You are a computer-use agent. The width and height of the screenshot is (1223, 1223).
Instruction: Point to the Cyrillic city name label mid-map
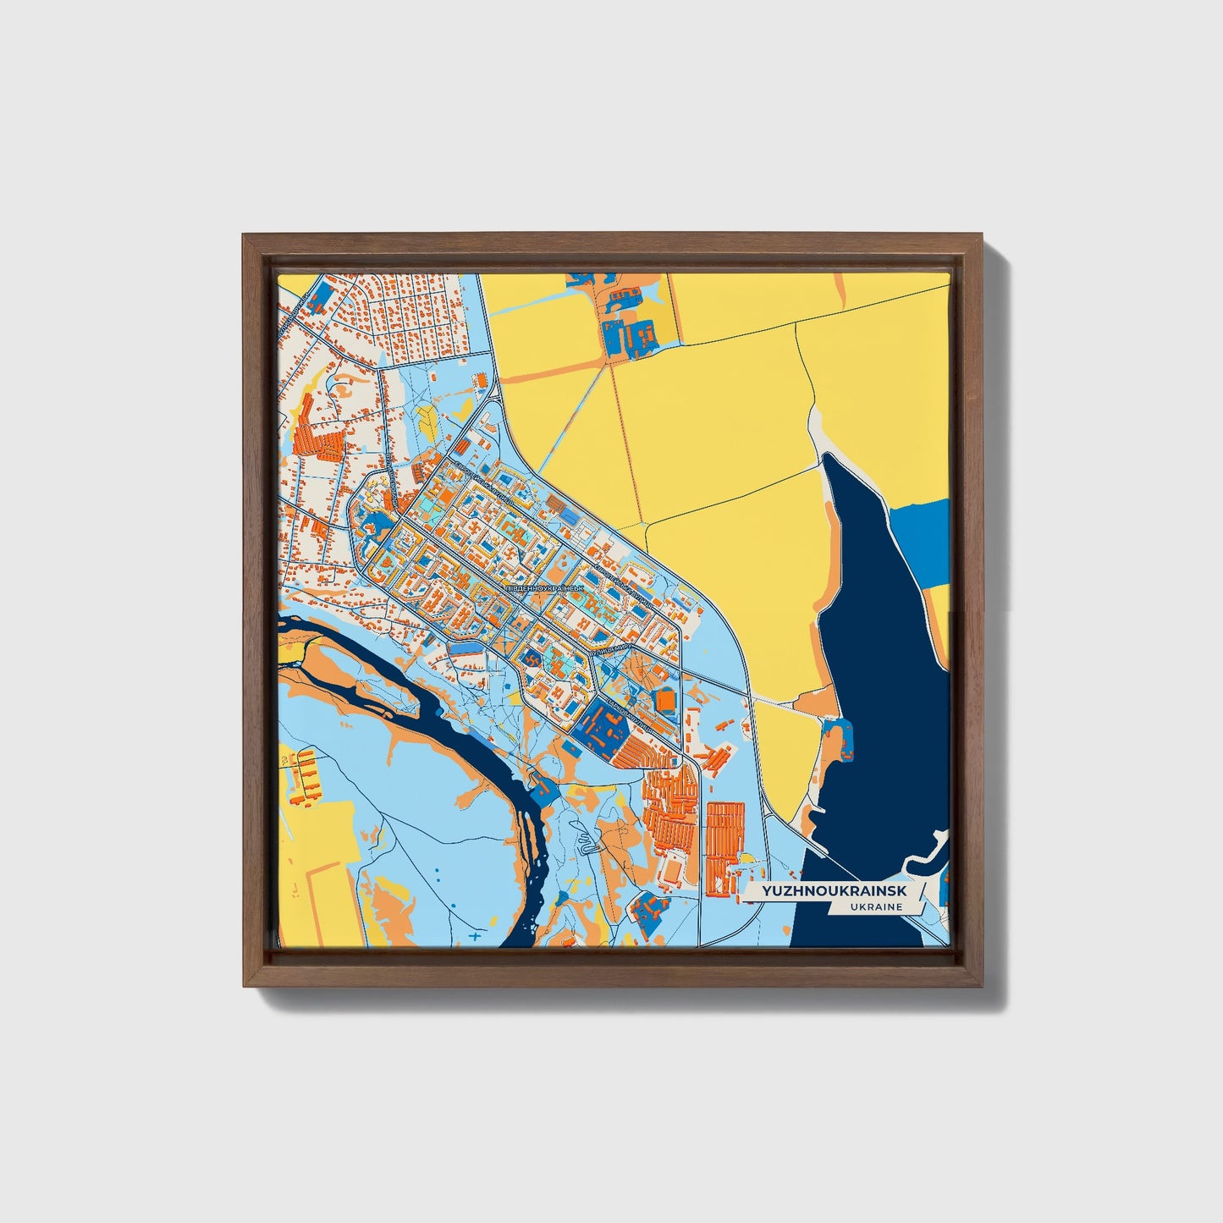click(543, 586)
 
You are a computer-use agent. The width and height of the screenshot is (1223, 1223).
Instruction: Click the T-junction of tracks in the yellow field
click(645, 523)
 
